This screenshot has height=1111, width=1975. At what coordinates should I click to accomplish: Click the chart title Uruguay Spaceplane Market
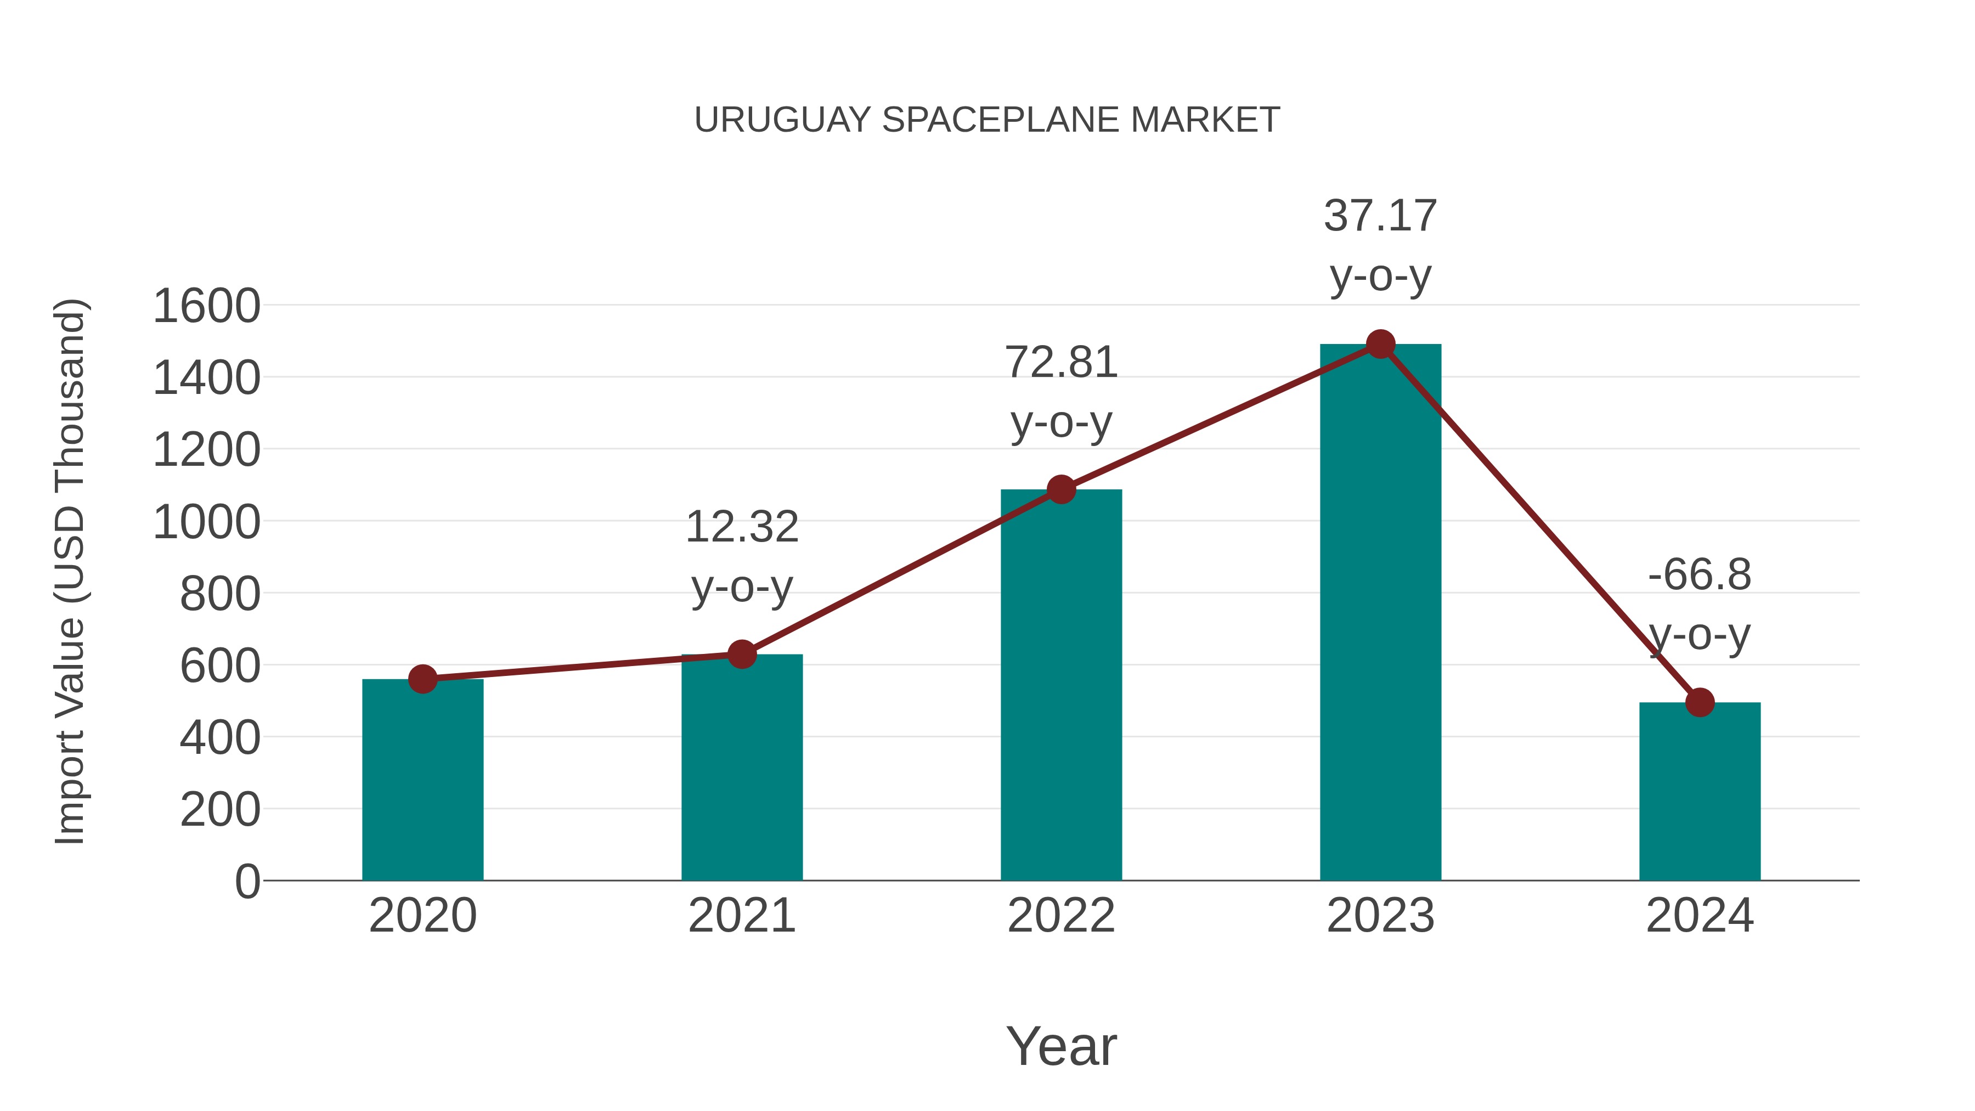[x=987, y=120]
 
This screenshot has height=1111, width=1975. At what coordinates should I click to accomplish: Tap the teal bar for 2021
[x=741, y=767]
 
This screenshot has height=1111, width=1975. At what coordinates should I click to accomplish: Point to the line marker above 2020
[x=422, y=679]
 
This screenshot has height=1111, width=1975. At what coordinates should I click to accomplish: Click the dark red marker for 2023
[x=1380, y=344]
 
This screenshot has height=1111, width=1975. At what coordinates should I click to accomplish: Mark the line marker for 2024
[x=1700, y=702]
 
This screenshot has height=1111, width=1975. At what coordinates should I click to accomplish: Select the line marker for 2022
[x=1061, y=489]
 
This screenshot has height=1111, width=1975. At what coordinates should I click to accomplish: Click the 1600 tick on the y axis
[x=206, y=306]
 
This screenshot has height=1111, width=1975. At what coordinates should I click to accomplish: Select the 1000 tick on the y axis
[x=206, y=523]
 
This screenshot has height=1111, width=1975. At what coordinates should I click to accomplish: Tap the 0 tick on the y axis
[x=247, y=881]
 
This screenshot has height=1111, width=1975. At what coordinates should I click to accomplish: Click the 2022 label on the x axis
[x=1061, y=916]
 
